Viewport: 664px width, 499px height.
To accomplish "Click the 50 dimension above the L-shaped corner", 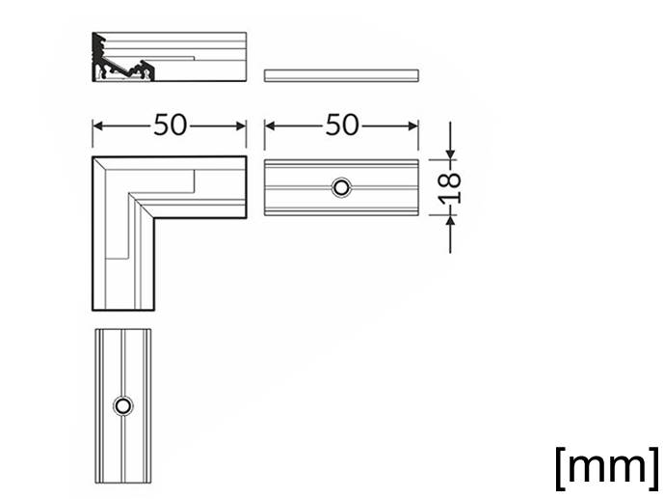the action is coord(170,125).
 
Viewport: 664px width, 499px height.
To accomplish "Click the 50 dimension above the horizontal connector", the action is coord(342,125).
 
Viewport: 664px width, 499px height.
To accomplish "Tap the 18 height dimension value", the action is coord(451,188).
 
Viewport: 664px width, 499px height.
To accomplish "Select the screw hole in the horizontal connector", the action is coord(341,187).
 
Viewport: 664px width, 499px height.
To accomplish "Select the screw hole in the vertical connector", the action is coord(122,405).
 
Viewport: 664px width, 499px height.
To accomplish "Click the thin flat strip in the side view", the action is coord(341,75).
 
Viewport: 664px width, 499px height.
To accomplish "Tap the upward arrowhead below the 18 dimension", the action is coord(451,220).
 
